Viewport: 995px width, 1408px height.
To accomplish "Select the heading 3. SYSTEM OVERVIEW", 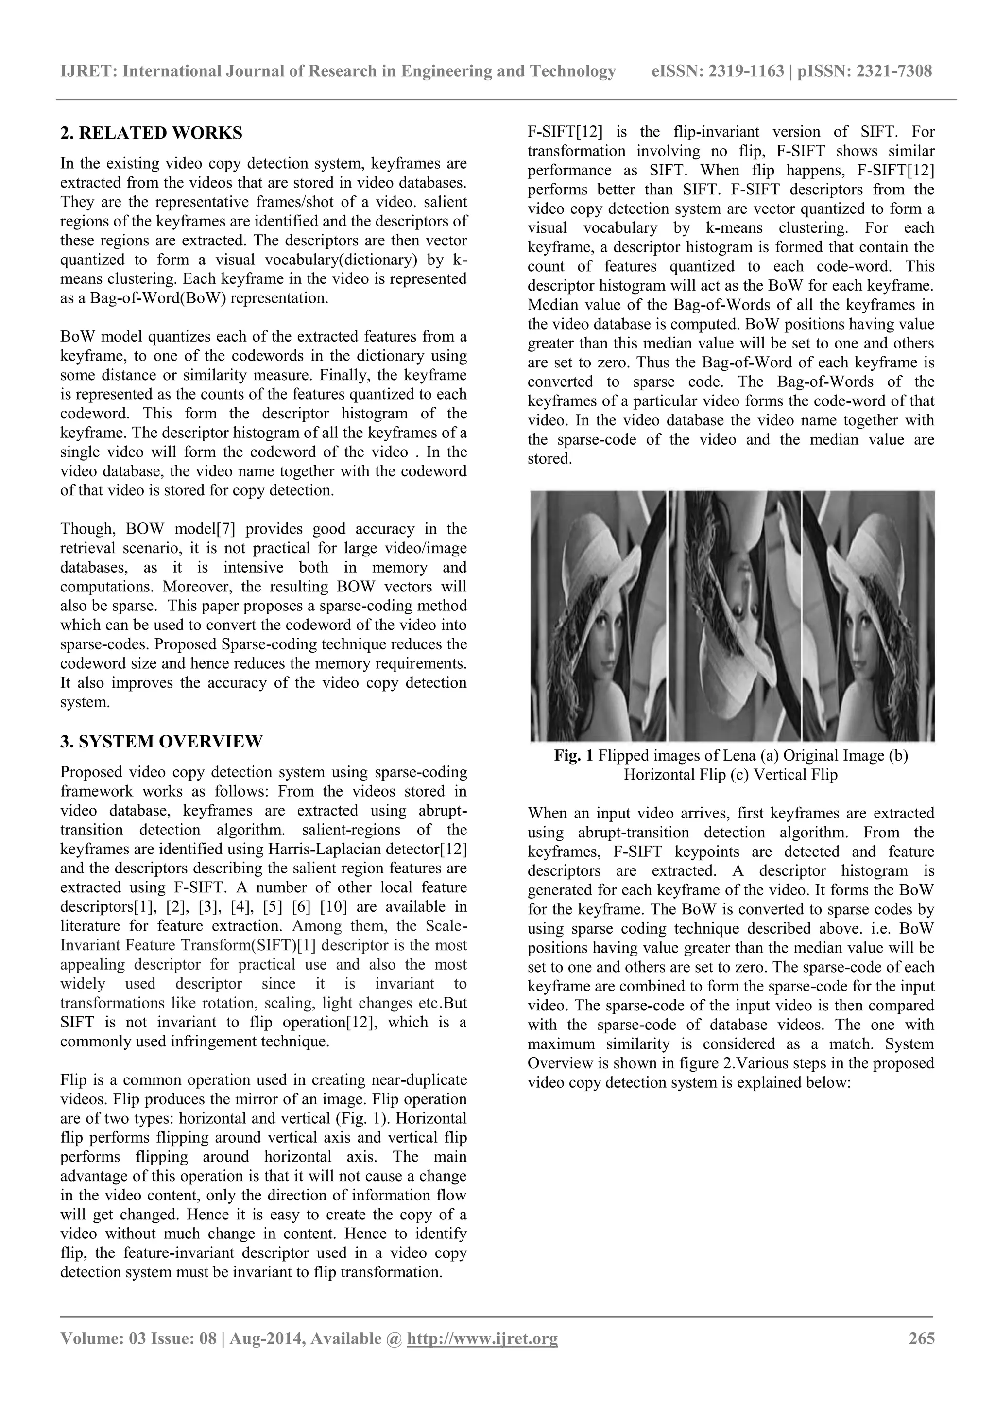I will [x=161, y=741].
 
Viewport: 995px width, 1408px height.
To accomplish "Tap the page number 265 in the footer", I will [x=922, y=1338].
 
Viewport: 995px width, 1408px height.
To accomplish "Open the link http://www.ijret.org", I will [x=482, y=1338].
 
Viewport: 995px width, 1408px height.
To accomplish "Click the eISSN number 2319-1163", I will [x=747, y=72].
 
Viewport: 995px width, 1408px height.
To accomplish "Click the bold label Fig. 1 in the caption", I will [x=573, y=755].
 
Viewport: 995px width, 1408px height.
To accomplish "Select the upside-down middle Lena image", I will [x=735, y=616].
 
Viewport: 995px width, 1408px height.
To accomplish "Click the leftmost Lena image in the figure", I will [x=598, y=616].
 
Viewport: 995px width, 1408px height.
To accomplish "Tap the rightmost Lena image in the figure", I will [x=869, y=616].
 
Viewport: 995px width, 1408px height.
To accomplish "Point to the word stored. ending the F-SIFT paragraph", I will [x=549, y=459].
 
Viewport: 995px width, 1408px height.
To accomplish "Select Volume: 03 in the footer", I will [x=101, y=1338].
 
